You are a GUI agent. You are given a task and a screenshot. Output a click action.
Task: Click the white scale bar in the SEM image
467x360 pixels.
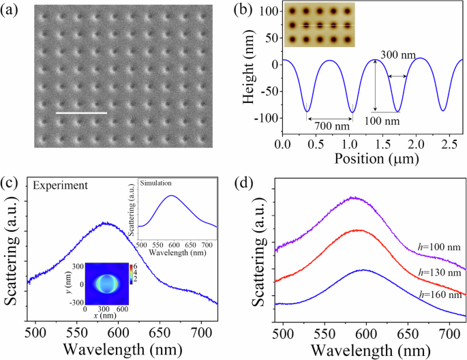(x=81, y=112)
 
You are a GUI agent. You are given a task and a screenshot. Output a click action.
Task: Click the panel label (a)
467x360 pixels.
(x=14, y=10)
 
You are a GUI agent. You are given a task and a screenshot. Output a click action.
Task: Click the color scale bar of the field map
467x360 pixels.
(x=123, y=271)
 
